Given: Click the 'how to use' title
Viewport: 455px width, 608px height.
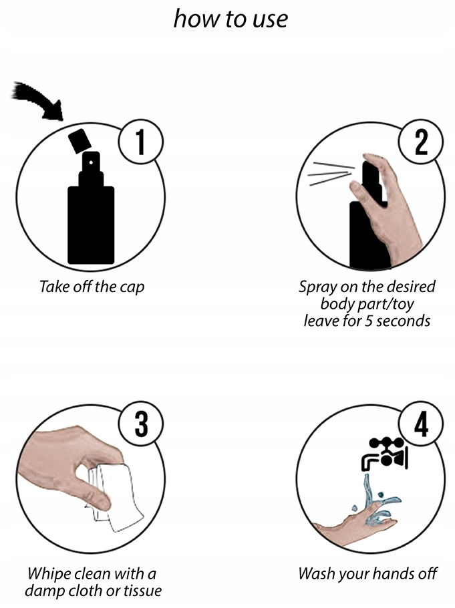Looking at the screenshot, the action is point(231,18).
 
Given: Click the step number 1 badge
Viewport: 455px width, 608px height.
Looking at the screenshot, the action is point(140,142).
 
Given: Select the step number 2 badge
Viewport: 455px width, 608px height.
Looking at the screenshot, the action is point(421,142).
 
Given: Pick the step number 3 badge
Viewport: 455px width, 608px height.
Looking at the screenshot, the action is point(140,424).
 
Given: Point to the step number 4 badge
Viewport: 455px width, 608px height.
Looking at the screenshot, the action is point(421,424).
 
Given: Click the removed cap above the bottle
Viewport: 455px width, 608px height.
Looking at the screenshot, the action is point(80,140).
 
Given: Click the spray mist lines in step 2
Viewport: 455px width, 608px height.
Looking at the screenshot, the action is point(331,173).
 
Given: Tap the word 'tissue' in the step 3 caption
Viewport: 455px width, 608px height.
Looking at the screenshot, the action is point(142,591).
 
